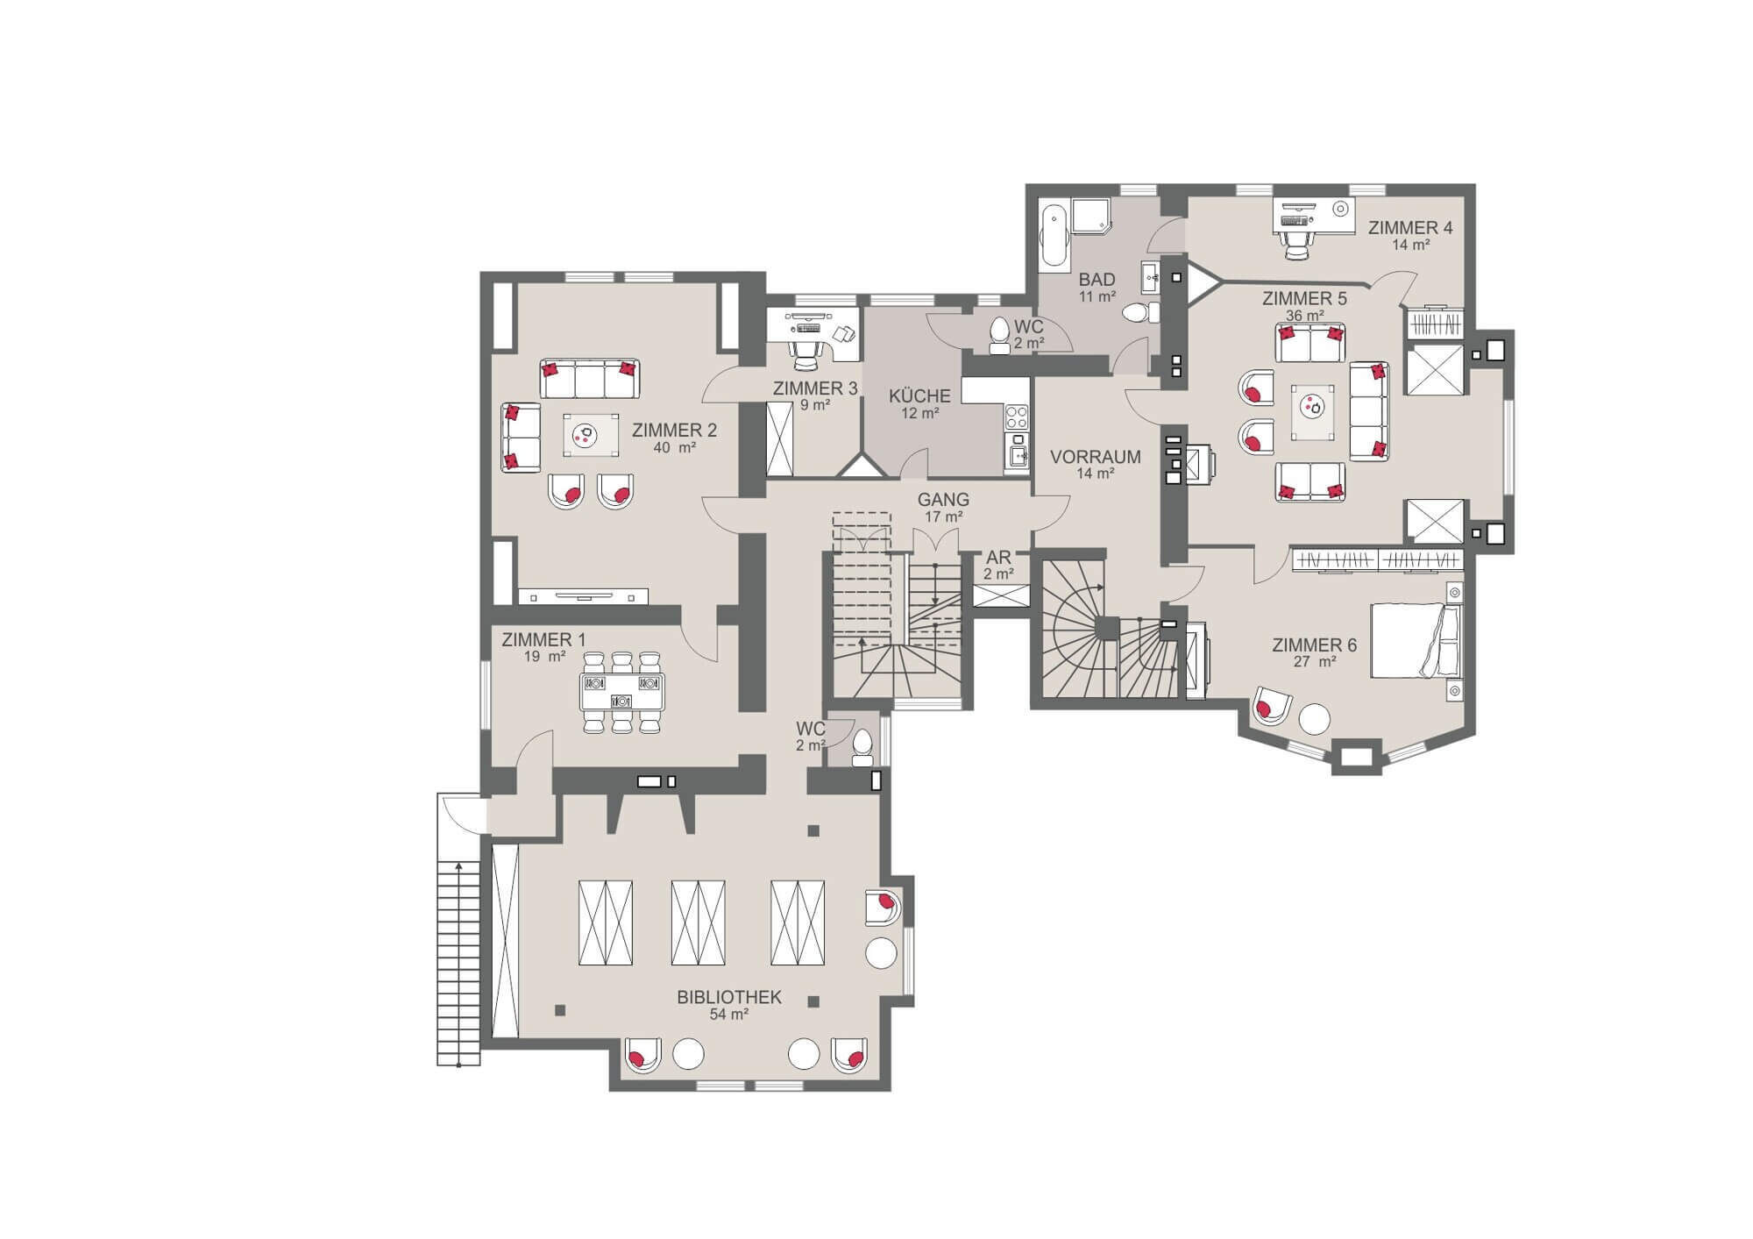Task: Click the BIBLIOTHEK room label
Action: click(728, 998)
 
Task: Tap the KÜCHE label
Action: click(919, 396)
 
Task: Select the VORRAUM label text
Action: click(1096, 457)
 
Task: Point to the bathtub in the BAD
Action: click(1053, 237)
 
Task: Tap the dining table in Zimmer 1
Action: click(621, 692)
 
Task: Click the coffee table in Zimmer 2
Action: click(591, 435)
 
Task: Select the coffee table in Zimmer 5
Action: click(1313, 411)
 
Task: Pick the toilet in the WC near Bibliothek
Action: click(862, 745)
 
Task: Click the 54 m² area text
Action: click(728, 1015)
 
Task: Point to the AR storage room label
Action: click(998, 558)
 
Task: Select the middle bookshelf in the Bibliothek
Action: click(698, 922)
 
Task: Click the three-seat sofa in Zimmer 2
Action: click(589, 378)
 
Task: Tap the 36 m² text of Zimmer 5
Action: click(1304, 316)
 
